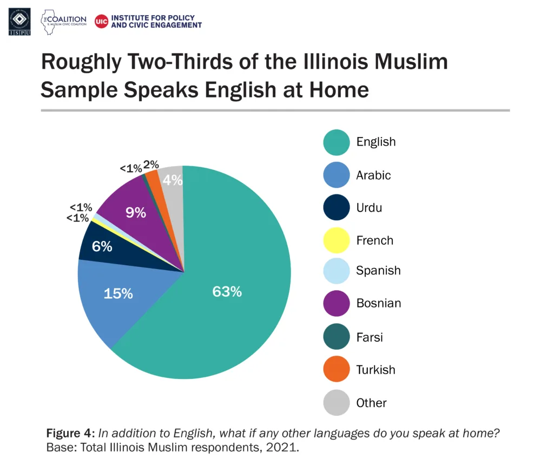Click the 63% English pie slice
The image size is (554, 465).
tap(227, 292)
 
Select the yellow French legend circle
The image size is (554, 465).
tap(337, 240)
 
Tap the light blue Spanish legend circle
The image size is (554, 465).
tap(337, 271)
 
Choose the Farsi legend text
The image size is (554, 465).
tap(370, 337)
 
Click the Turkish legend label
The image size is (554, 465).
tap(375, 370)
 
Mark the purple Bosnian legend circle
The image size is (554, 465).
tap(337, 303)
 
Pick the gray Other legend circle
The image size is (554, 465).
tap(337, 403)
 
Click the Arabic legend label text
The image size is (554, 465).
tap(373, 175)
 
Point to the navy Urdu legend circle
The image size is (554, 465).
tap(337, 208)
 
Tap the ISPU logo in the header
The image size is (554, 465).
tap(20, 22)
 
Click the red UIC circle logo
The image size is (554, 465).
tap(101, 21)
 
